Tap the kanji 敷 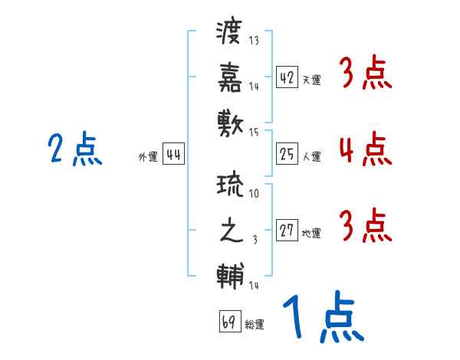click(231, 122)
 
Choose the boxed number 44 click(173, 155)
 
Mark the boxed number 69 click(229, 322)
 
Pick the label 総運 click(255, 325)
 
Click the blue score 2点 click(74, 149)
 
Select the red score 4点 click(364, 149)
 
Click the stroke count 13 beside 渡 click(254, 41)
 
